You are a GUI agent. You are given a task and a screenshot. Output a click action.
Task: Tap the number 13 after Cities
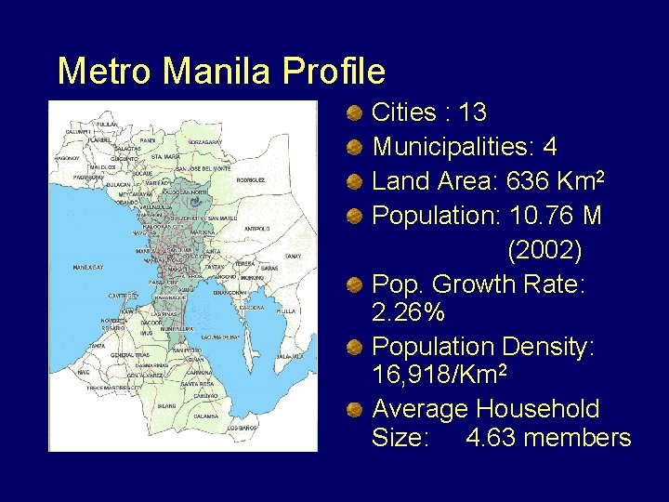click(472, 113)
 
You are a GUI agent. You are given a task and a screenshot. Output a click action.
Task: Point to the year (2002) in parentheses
click(544, 250)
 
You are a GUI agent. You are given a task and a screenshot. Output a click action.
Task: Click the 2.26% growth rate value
click(408, 314)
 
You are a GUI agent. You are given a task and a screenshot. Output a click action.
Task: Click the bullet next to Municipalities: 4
click(354, 148)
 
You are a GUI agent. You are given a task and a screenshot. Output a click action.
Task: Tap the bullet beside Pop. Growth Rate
click(354, 283)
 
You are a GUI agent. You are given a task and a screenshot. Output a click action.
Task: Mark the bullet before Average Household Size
click(354, 409)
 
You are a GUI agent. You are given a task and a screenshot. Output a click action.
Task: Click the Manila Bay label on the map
click(87, 268)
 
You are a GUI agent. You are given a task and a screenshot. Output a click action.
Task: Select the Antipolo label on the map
click(256, 228)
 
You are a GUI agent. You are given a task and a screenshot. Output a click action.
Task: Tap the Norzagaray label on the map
click(204, 141)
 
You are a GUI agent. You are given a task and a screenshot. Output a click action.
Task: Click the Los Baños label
click(242, 428)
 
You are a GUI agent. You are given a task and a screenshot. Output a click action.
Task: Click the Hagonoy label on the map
click(67, 159)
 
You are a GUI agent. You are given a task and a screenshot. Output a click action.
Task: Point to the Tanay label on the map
click(294, 256)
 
